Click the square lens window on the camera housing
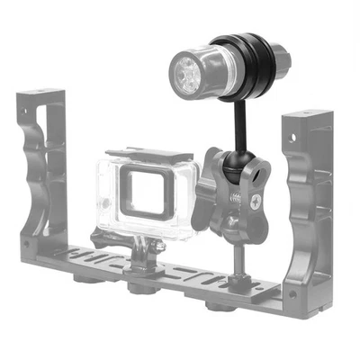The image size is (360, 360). click(x=144, y=189)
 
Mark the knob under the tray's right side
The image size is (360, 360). click(x=216, y=303)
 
